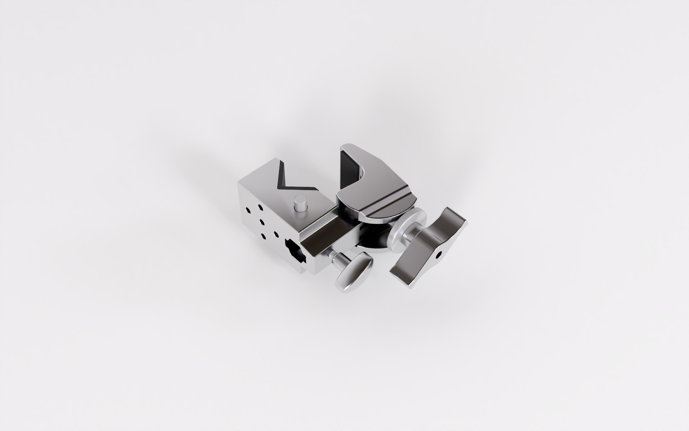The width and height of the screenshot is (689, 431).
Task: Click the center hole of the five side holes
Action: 261,222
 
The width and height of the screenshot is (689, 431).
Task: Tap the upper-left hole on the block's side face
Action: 247,210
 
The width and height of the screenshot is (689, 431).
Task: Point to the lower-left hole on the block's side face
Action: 264,236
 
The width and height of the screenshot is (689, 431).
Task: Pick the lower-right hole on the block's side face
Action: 276,233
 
